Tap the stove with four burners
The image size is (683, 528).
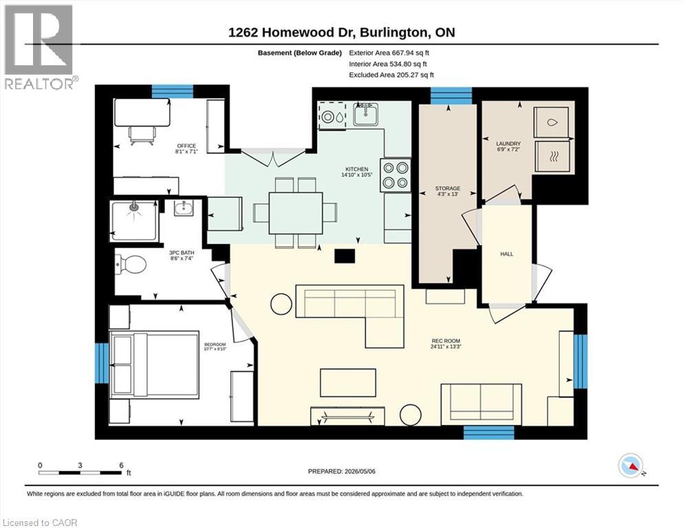pos(395,175)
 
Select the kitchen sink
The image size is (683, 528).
pos(365,115)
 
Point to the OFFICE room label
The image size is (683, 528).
pos(186,146)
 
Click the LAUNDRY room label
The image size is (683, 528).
pos(508,144)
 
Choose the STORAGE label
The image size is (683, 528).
pos(447,188)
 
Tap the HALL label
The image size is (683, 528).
pos(507,254)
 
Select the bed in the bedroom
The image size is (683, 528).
pos(154,365)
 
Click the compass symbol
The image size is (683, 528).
pos(631,465)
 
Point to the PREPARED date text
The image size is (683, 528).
pos(341,471)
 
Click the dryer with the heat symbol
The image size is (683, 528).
pos(552,156)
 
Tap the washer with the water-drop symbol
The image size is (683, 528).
pos(552,122)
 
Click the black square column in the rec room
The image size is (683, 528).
pos(345,256)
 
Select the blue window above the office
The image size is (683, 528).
pos(173,91)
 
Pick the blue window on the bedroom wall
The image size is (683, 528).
pos(102,364)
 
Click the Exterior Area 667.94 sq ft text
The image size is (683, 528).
pos(389,53)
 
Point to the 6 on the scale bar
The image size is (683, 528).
pos(122,465)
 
